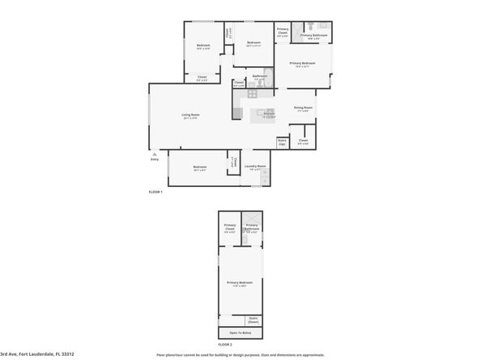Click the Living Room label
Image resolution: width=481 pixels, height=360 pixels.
click(191, 116)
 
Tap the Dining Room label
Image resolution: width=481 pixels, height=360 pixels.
click(303, 108)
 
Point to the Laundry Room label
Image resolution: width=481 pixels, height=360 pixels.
click(256, 168)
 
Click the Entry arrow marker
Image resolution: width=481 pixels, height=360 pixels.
click(151, 151)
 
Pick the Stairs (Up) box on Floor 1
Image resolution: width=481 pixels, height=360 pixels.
click(282, 142)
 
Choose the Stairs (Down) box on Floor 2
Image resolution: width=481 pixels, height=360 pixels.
click(253, 319)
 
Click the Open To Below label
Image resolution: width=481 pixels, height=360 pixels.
click(240, 332)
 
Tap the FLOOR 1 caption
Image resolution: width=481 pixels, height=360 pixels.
click(155, 192)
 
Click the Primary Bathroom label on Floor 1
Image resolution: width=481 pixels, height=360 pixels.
click(313, 36)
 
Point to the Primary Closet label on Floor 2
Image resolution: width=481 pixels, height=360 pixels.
click(230, 227)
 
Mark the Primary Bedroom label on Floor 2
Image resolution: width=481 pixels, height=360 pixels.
click(240, 283)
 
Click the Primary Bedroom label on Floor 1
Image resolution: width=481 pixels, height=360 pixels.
click(302, 63)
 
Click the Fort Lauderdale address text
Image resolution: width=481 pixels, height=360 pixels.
click(39, 354)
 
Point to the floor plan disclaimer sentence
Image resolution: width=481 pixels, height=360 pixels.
click(240, 354)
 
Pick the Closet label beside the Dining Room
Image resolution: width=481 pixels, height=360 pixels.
click(303, 141)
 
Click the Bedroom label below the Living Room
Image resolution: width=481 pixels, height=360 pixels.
click(199, 167)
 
